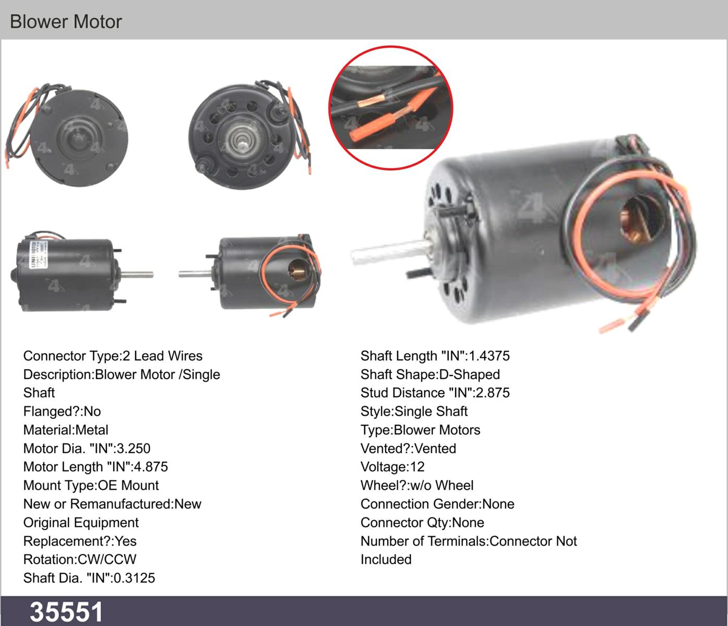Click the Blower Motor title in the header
point(66,21)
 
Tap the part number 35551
point(67,612)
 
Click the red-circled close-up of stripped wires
point(390,108)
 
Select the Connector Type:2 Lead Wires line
point(113,356)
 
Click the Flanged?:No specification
point(62,411)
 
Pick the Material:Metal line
point(66,430)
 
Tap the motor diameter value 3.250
point(132,448)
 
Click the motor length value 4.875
point(151,467)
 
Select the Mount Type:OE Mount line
point(91,486)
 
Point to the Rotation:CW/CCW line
point(80,559)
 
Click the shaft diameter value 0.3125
point(134,578)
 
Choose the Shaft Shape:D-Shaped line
point(430,374)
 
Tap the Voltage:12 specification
point(393,467)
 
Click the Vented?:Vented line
point(408,448)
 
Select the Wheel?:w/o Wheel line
point(417,486)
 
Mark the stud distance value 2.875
point(493,393)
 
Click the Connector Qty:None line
point(422,523)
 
